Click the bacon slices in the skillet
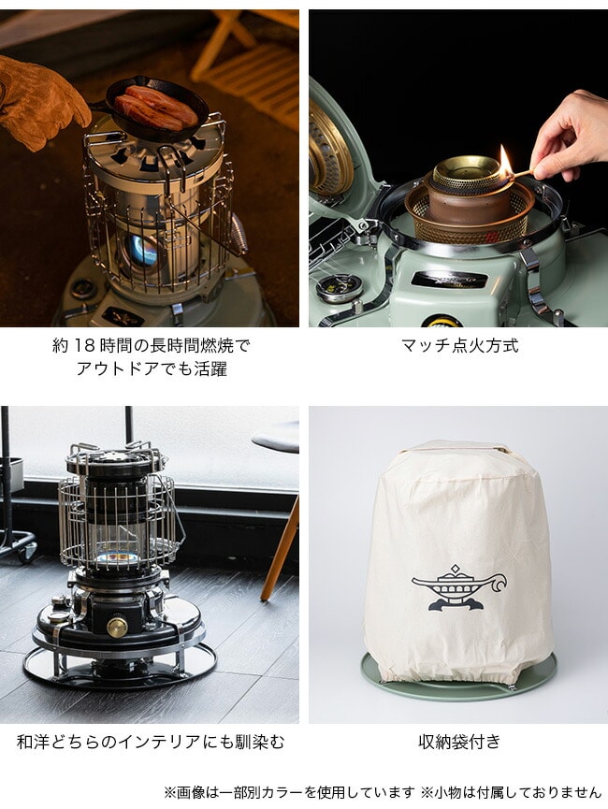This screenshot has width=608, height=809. click(155, 108)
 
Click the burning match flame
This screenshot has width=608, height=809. click(505, 161)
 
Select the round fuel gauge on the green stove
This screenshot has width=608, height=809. click(340, 287)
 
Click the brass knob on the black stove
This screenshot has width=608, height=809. click(117, 627)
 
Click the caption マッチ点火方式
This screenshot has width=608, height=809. click(459, 345)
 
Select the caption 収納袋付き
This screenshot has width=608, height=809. click(459, 742)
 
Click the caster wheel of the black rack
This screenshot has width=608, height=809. click(28, 552)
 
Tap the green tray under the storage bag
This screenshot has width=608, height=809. click(459, 680)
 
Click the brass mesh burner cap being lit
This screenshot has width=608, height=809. click(467, 175)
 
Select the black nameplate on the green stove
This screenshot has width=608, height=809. click(449, 279)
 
